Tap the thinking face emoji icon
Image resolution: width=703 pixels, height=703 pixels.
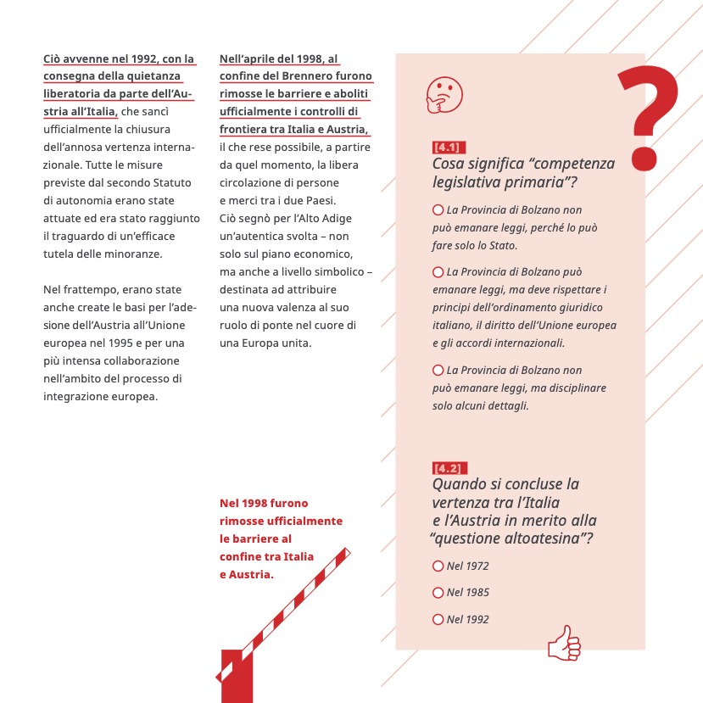439,92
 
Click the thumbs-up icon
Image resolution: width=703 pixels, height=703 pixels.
564,643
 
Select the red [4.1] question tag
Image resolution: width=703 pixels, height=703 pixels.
447,148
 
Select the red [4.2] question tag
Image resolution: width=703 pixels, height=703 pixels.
447,468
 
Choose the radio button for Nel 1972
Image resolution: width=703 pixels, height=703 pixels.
438,566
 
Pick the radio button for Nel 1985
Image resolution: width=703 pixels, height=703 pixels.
438,592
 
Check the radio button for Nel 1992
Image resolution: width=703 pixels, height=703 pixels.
438,619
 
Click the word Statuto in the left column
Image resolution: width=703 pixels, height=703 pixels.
171,182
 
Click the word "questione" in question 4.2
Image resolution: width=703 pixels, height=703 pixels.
471,538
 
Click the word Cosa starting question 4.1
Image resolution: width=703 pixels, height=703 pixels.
449,164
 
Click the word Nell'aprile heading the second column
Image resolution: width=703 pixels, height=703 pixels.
247,59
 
